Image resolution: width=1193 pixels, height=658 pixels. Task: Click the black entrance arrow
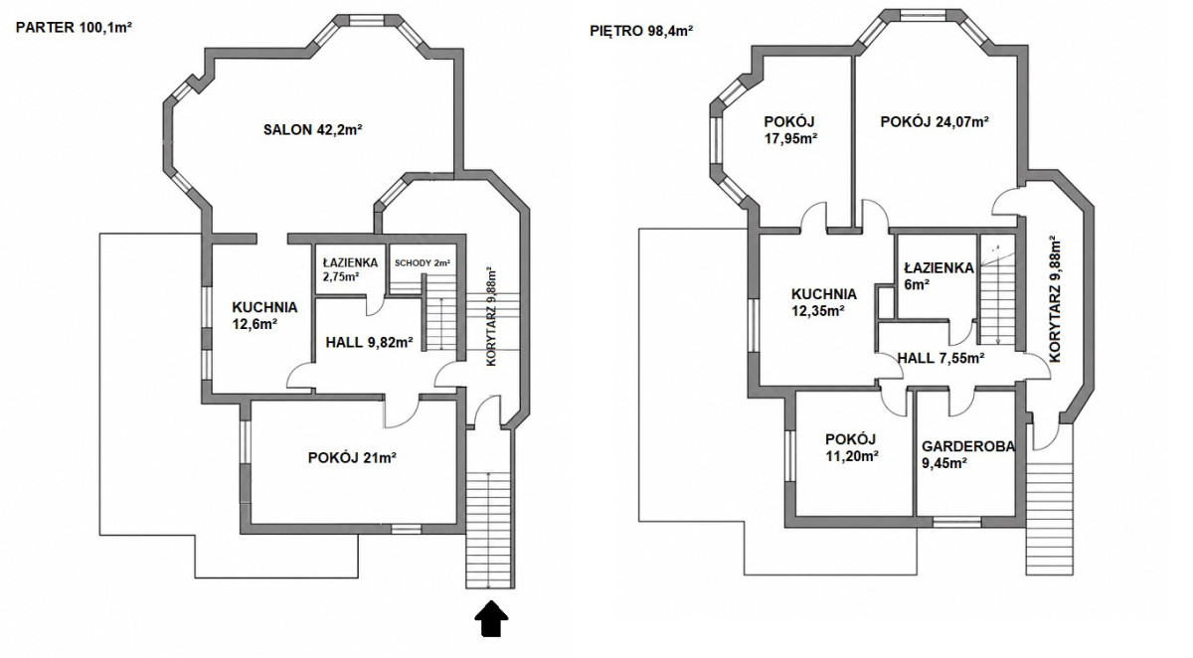[x=491, y=618]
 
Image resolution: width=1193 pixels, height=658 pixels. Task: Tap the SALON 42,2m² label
[x=313, y=129]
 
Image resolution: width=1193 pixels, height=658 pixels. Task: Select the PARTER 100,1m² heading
[x=74, y=28]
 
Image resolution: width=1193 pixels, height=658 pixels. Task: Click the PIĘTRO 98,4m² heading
[x=641, y=31]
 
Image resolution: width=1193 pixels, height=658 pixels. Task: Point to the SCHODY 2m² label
[x=423, y=262]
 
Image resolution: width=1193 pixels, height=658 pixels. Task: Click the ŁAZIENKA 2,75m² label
[x=350, y=269]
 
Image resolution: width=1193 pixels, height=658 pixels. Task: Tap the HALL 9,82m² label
[x=369, y=342]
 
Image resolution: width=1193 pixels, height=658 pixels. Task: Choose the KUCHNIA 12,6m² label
[x=264, y=315]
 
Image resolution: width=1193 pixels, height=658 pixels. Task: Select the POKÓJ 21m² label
[x=352, y=458]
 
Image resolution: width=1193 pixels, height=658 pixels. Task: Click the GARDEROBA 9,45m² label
[x=968, y=454]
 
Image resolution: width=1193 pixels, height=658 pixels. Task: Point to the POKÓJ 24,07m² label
[x=935, y=122]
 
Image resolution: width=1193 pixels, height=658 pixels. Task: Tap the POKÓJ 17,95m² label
[x=791, y=130]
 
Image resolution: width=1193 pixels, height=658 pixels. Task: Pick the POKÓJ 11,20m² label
[x=852, y=447]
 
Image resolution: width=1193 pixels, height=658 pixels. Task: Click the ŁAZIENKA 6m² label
[x=938, y=275]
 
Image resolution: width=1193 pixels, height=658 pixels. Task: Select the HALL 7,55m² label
[x=940, y=358]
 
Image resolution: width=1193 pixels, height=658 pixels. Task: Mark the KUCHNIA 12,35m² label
[x=824, y=302]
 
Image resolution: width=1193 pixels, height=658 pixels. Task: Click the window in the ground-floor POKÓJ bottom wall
[x=406, y=529]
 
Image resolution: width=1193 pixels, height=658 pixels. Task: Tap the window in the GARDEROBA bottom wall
[x=957, y=522]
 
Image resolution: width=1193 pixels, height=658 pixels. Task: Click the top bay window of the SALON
[x=367, y=20]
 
